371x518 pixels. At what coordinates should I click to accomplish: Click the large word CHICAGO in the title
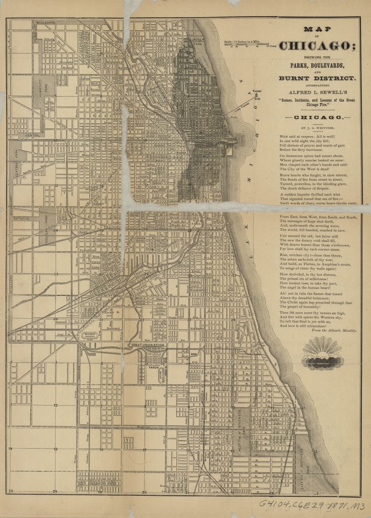click(x=317, y=47)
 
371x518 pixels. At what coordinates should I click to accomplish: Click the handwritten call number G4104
click(x=277, y=504)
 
